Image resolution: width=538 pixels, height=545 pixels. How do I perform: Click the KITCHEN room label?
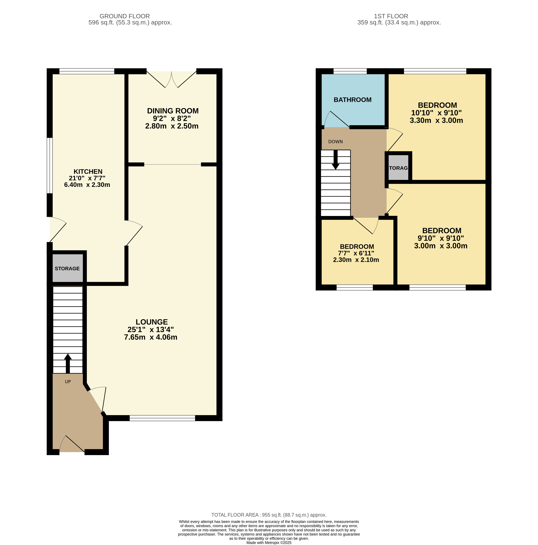coord(88,172)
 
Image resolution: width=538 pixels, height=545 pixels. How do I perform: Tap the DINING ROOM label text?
coord(173,111)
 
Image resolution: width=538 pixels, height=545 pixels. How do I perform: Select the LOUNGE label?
coord(152,322)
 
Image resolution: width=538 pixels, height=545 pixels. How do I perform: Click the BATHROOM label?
coord(353,100)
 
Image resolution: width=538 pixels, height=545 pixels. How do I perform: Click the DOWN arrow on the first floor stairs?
coord(335,160)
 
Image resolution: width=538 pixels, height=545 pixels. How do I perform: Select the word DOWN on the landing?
coord(335,142)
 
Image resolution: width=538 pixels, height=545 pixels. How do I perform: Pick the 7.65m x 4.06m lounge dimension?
coord(151,337)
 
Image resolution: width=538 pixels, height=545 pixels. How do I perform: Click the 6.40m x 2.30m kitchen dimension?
coord(87,185)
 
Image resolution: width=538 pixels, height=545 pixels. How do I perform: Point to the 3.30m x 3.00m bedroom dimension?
coord(436,121)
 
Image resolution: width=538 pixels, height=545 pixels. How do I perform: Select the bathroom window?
coord(350,71)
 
